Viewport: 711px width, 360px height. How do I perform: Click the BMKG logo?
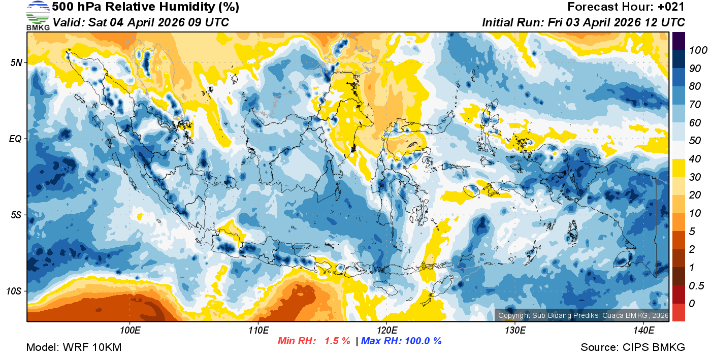(38, 16)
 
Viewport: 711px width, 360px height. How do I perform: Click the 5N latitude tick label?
(16, 62)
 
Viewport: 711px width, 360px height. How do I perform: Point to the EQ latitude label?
(15, 139)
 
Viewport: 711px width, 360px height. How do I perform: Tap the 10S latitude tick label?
(14, 291)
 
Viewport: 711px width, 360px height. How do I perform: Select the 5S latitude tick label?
(16, 215)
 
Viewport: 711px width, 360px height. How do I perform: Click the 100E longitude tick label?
(130, 331)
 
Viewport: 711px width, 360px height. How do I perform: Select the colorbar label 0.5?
(695, 285)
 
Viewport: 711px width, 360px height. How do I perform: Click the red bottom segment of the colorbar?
(678, 312)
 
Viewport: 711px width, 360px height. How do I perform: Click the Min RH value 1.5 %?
(335, 341)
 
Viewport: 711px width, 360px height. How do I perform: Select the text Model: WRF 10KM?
(73, 347)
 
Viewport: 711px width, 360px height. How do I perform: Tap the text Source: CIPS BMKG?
(633, 347)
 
